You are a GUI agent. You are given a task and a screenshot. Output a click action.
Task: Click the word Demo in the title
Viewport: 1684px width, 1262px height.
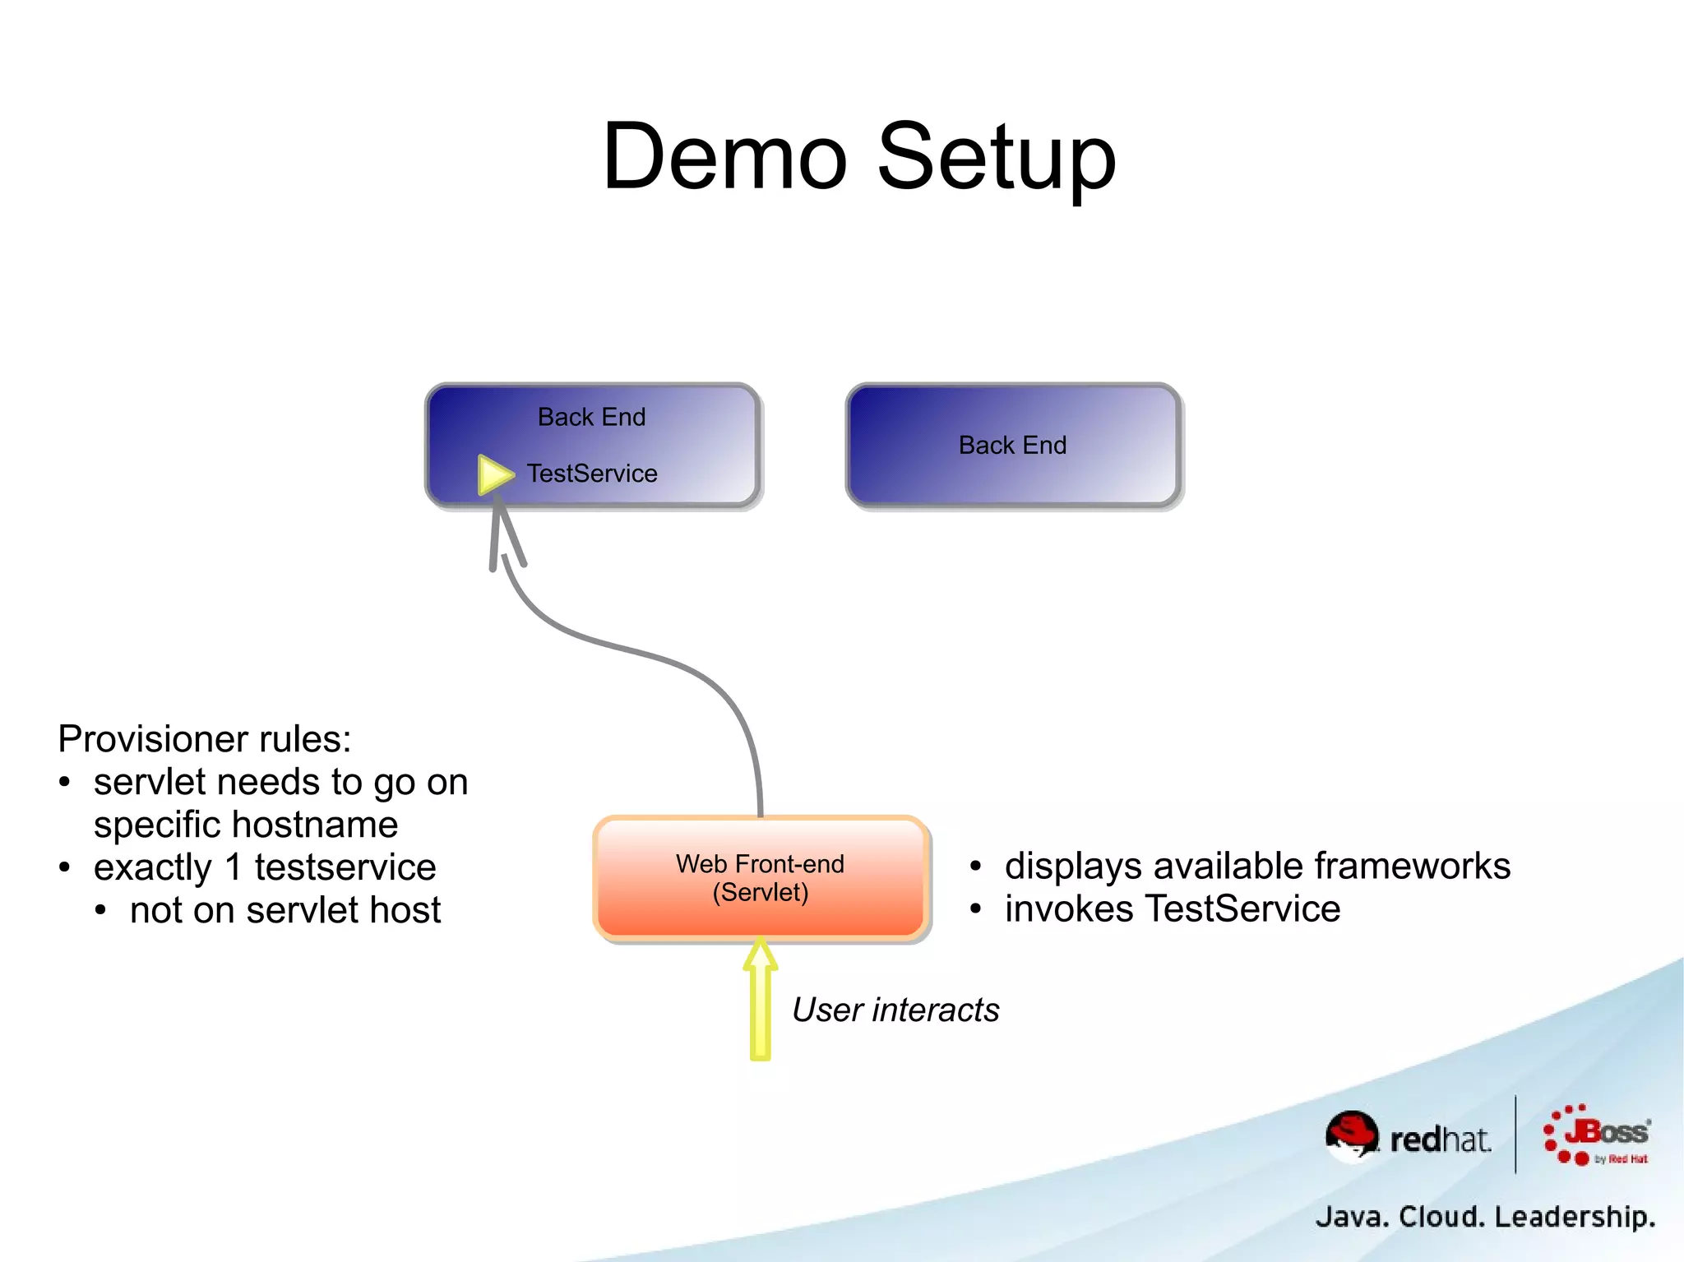tap(724, 156)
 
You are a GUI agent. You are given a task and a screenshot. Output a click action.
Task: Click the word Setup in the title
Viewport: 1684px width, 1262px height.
tap(997, 158)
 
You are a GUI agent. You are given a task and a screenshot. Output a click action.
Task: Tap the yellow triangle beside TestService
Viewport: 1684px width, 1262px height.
tap(494, 474)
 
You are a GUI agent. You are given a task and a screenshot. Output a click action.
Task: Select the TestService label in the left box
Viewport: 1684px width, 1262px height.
tap(592, 474)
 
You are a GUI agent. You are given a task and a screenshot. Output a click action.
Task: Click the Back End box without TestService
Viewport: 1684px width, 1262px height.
tap(1013, 446)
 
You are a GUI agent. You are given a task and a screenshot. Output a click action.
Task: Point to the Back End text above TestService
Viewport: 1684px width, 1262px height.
tap(591, 417)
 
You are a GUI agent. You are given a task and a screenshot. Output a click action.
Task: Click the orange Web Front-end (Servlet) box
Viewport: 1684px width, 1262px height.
tap(761, 878)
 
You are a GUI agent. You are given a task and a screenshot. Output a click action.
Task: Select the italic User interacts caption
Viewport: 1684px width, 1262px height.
tap(895, 1010)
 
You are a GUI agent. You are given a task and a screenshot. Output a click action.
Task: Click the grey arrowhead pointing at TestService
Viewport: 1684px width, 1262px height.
tap(502, 526)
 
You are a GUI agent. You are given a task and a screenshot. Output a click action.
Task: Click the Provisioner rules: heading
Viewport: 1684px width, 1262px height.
tap(205, 738)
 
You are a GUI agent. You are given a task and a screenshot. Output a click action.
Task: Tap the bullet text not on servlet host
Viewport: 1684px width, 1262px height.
tap(285, 910)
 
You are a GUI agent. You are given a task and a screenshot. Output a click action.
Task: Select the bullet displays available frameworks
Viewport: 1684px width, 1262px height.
tap(1257, 866)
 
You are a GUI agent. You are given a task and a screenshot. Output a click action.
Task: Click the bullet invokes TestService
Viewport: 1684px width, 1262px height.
tap(1173, 908)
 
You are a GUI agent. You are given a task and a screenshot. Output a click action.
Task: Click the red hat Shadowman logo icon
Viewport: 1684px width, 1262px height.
tap(1351, 1135)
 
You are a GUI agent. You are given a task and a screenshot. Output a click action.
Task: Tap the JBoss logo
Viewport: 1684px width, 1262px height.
tap(1597, 1135)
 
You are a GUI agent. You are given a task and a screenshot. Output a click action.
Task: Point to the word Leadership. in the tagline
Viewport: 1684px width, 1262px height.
tap(1574, 1216)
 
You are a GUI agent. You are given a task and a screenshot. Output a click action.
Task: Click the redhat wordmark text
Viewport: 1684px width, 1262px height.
tap(1441, 1139)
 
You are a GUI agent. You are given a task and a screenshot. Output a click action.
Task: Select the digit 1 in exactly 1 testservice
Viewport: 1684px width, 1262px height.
tap(234, 867)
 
